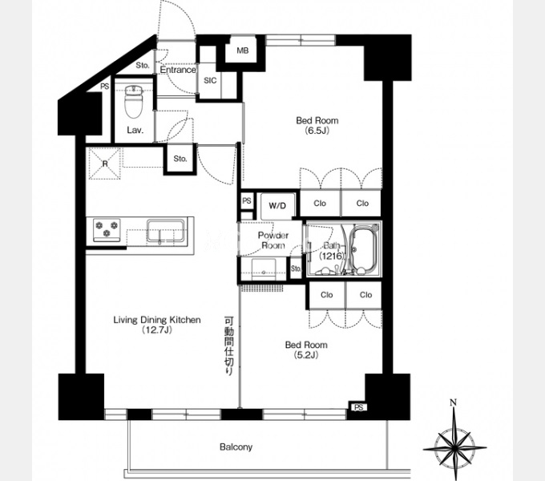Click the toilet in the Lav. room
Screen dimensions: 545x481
tap(134, 102)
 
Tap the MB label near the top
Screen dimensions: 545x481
tap(243, 51)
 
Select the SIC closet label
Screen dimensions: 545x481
tap(210, 81)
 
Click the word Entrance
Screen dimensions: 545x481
tap(178, 70)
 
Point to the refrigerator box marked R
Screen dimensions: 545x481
tap(105, 164)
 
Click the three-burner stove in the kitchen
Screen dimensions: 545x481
tap(107, 230)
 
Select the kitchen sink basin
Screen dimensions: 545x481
tap(165, 230)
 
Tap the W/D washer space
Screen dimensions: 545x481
tap(278, 206)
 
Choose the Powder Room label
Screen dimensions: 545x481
tap(273, 240)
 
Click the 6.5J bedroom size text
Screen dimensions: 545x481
tap(317, 131)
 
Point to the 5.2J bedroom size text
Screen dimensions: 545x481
tap(306, 355)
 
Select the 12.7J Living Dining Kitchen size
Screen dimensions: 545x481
tap(157, 330)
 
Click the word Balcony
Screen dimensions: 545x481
tap(236, 447)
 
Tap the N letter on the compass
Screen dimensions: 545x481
tap(453, 402)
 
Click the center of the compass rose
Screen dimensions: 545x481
tap(454, 447)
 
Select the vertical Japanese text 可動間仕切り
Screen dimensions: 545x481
tap(229, 346)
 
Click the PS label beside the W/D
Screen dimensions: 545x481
tap(246, 201)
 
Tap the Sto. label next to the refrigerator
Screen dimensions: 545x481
tap(180, 159)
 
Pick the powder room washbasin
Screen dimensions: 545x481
tap(264, 269)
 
